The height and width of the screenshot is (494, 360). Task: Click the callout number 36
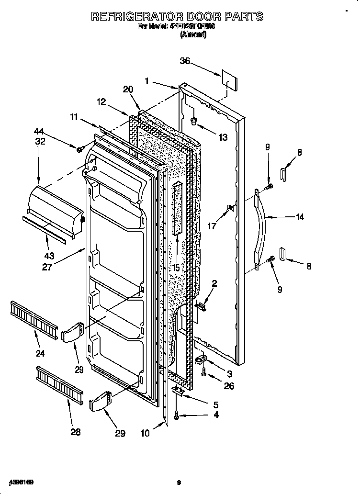pos(185,61)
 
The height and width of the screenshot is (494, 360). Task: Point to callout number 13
pos(223,137)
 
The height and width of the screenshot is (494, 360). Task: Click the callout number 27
pos(46,267)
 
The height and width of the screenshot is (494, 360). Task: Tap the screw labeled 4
pos(178,417)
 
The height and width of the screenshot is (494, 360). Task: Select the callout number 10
pos(145,433)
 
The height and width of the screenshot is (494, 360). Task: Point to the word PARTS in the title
pos(240,17)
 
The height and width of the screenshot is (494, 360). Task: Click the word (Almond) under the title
pos(193,35)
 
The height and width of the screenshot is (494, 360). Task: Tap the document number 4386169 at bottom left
pos(20,481)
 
